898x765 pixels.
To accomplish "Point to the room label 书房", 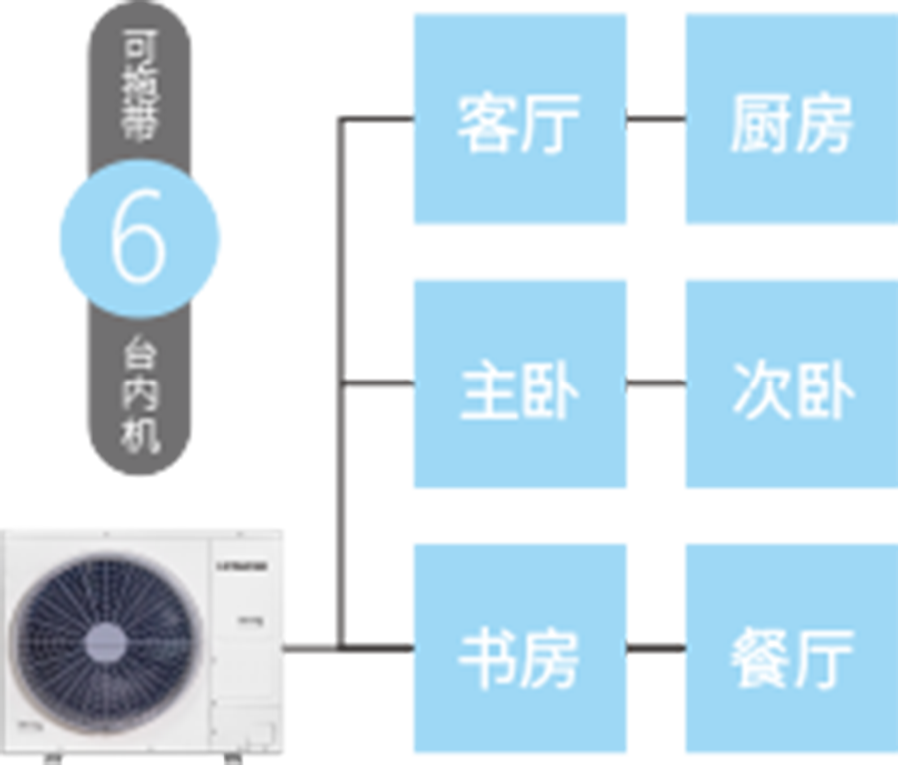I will click(x=518, y=658).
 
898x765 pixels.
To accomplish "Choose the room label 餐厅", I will click(x=791, y=658).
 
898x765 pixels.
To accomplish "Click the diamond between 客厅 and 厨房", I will click(x=656, y=119).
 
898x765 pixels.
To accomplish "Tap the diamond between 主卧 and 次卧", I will click(x=656, y=384).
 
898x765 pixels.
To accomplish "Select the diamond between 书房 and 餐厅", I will click(x=656, y=649).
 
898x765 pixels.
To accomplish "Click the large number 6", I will click(x=137, y=238).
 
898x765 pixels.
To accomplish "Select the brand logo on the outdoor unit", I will click(x=240, y=567).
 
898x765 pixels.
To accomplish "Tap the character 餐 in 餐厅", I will click(x=760, y=658).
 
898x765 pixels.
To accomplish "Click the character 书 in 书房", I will click(x=487, y=658).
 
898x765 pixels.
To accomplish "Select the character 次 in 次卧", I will click(x=761, y=390).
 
